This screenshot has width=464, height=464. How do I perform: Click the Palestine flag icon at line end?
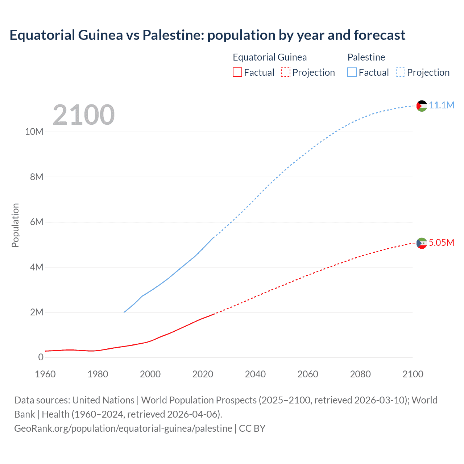tap(422, 106)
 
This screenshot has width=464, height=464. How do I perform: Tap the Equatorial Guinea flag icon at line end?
tap(422, 243)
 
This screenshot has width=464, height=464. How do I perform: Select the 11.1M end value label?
tap(441, 105)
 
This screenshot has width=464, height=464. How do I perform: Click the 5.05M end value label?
tap(441, 243)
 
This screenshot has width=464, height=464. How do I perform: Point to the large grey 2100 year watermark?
tap(84, 115)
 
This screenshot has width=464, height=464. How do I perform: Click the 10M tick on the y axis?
tap(34, 132)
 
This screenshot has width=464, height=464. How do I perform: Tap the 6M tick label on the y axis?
tap(36, 222)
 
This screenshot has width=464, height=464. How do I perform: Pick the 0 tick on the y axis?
tap(41, 357)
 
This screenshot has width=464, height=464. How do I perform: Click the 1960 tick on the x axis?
tap(45, 374)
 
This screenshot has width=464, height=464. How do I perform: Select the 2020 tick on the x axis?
tap(203, 374)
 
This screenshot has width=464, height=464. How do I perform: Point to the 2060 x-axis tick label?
tap(308, 374)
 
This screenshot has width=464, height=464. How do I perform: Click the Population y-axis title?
tap(15, 225)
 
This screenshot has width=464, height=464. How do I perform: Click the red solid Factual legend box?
tap(237, 72)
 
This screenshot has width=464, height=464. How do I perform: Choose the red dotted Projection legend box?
tap(286, 72)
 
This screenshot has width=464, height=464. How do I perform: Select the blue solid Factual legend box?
tap(352, 72)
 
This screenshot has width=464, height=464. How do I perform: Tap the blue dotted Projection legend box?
tap(400, 72)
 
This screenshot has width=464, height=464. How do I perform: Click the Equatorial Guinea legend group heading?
tap(270, 57)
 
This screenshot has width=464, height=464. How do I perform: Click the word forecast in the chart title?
tap(379, 35)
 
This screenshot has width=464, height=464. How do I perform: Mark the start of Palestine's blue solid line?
tap(124, 312)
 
